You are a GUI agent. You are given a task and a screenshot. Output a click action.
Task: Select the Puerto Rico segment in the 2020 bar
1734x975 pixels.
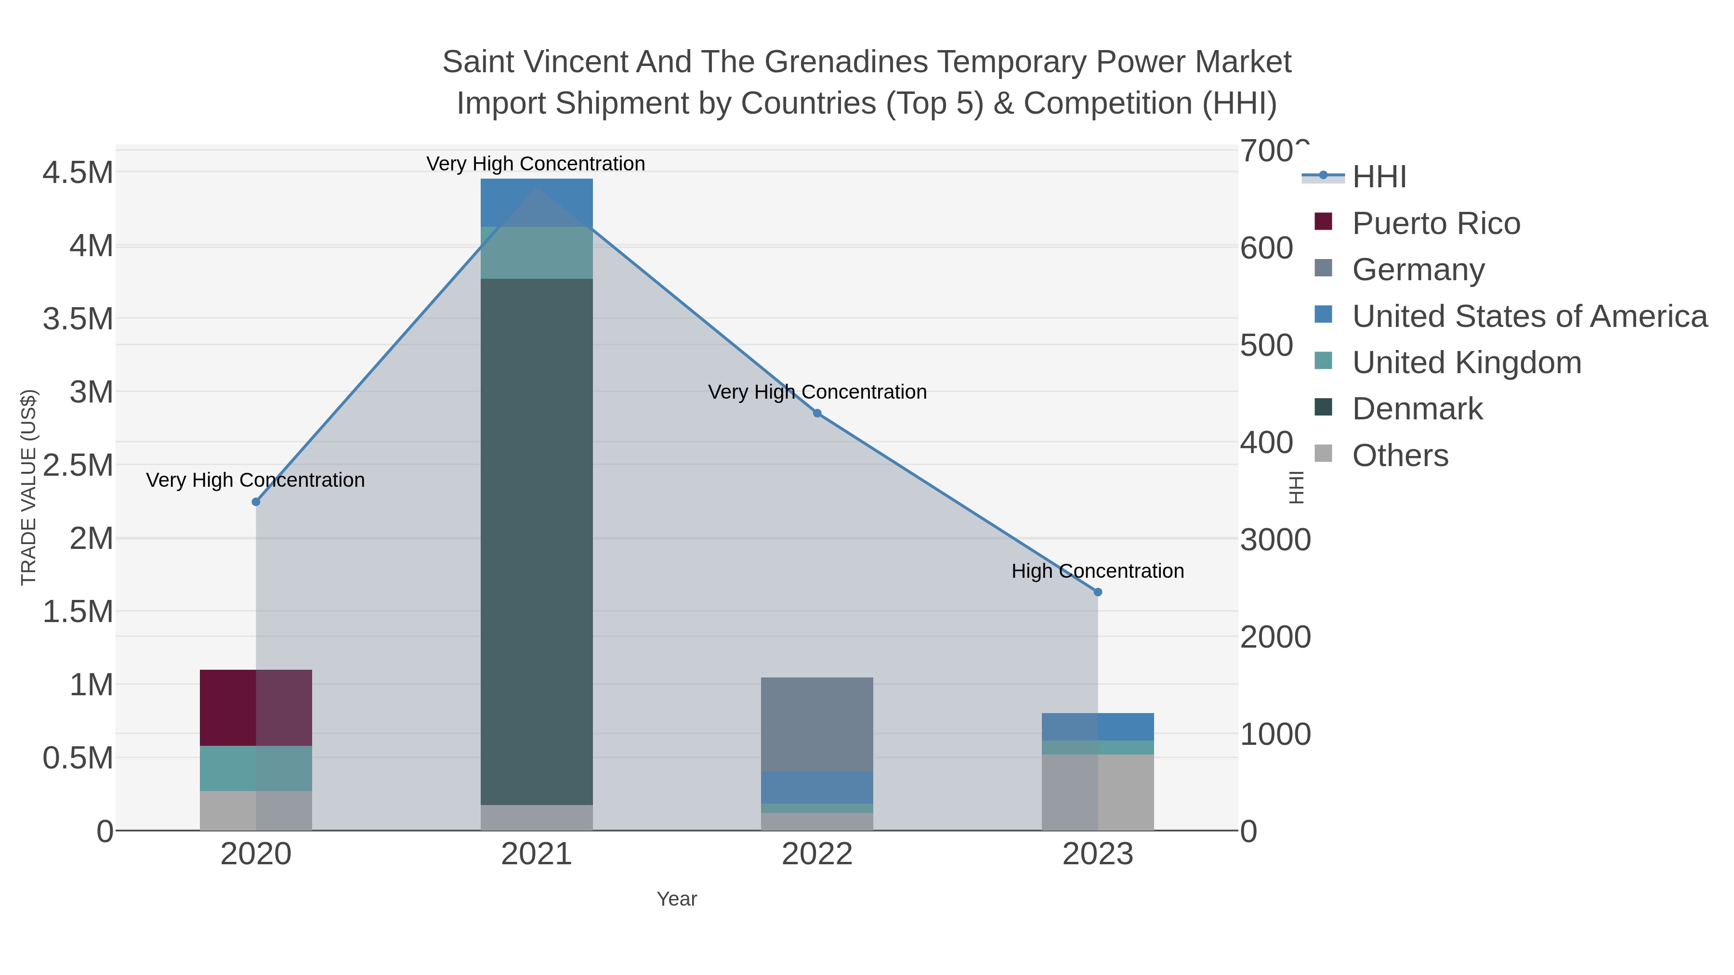click(x=256, y=707)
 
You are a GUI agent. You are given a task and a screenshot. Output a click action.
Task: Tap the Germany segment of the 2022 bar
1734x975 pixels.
click(x=816, y=724)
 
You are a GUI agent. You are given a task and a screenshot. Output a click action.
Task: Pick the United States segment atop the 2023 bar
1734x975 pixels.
click(x=1097, y=727)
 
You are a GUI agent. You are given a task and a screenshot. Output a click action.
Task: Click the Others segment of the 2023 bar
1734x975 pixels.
click(x=1097, y=792)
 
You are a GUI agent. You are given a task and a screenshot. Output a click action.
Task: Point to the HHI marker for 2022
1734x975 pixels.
click(x=817, y=413)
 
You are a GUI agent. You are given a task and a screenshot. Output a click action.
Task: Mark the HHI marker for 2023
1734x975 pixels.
click(x=1098, y=592)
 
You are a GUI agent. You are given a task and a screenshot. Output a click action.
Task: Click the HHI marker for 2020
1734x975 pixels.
click(x=256, y=502)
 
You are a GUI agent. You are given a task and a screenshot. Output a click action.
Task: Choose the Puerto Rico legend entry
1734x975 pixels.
click(x=1435, y=223)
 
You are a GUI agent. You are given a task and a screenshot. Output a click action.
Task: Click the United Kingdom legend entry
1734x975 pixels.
click(x=1466, y=363)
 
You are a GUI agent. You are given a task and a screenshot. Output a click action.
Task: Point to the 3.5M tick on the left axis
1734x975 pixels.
click(x=78, y=319)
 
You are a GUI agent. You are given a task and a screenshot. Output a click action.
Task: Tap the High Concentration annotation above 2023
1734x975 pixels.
click(x=1097, y=571)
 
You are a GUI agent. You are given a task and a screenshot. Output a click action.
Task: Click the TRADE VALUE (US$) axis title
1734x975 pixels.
click(x=29, y=487)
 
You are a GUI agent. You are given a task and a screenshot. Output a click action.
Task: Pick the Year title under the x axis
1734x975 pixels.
click(x=677, y=899)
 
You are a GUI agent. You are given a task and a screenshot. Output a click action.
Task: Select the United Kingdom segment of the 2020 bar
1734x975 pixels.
click(x=256, y=768)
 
